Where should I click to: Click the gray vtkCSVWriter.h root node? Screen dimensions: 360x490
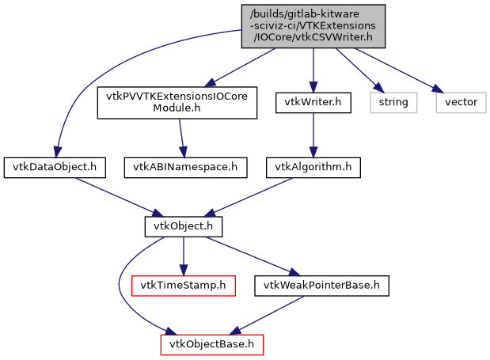(313, 26)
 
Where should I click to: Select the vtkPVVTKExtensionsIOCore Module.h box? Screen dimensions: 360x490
(177, 102)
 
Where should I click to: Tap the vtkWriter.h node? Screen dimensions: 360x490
(313, 102)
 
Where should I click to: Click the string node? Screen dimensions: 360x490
(393, 102)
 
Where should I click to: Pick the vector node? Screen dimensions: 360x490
(459, 102)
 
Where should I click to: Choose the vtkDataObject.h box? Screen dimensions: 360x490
(55, 167)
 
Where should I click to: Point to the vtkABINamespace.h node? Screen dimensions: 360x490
(185, 167)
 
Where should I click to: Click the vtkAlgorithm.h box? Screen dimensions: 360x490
(313, 167)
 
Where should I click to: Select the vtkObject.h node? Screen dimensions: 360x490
(183, 226)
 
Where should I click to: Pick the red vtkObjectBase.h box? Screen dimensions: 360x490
(211, 344)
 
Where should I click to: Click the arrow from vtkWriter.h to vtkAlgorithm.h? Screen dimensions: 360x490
(313, 135)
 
